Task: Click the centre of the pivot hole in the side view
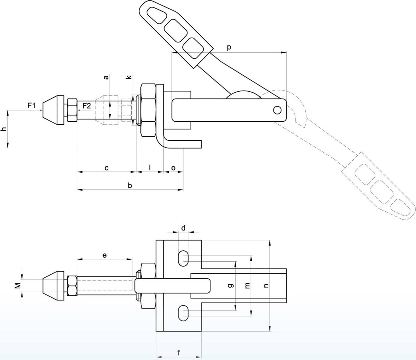[277, 110]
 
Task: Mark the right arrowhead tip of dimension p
[287, 53]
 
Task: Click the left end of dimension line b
[77, 190]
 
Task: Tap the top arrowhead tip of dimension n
[270, 240]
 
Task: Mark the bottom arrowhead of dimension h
[8, 148]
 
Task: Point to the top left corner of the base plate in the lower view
[156, 240]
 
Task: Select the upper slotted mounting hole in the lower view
[183, 258]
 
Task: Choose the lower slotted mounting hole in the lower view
[183, 313]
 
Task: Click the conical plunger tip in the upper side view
[53, 110]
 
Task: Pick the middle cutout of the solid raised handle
[175, 30]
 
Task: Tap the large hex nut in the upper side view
[148, 110]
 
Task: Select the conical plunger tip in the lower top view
[53, 286]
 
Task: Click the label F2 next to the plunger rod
[87, 106]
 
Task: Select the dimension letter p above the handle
[229, 48]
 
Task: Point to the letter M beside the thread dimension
[18, 286]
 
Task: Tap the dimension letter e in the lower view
[105, 255]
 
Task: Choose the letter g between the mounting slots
[231, 286]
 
